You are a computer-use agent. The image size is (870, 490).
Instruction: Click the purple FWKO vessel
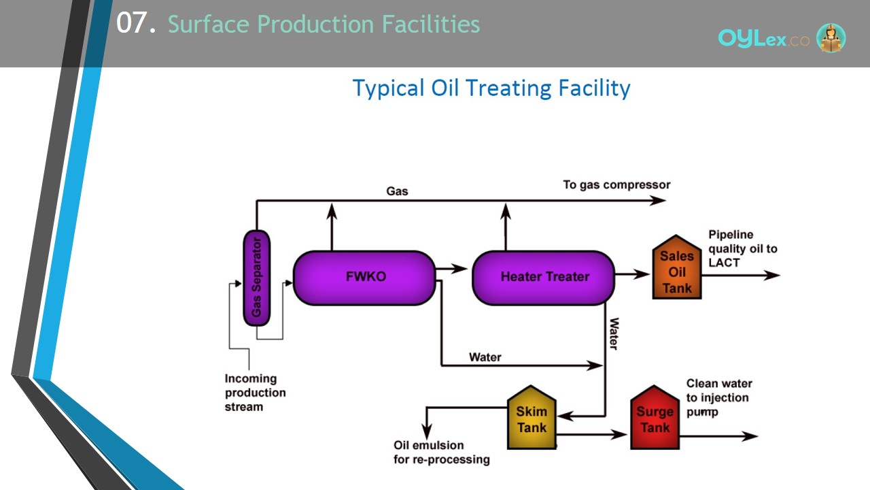364,278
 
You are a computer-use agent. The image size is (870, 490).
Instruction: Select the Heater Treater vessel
543,278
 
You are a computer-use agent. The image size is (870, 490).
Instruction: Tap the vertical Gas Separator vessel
257,278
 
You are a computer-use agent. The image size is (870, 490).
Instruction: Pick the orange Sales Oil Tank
676,267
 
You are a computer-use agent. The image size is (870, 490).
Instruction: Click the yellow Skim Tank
532,417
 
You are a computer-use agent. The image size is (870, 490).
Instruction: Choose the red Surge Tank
655,417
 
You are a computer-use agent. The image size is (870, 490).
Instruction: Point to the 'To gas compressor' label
616,184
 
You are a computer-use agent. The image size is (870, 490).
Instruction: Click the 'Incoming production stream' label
255,393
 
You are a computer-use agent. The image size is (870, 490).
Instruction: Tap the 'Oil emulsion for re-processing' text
442,453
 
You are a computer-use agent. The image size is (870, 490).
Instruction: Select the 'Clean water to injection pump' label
719,397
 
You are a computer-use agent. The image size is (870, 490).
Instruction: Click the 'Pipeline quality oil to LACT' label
743,248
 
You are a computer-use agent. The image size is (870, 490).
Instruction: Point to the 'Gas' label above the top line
397,191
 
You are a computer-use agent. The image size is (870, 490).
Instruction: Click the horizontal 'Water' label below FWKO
485,357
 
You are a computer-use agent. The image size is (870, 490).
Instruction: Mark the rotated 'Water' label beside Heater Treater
614,333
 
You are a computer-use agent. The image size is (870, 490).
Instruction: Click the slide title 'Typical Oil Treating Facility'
491,88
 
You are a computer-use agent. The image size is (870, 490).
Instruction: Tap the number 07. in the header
136,22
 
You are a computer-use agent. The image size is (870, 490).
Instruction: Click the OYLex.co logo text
763,39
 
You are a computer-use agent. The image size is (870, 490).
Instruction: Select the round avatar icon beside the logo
831,37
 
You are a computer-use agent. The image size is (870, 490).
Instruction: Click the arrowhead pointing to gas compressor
658,201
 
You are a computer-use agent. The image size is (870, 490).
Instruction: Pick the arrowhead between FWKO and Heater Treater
459,268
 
